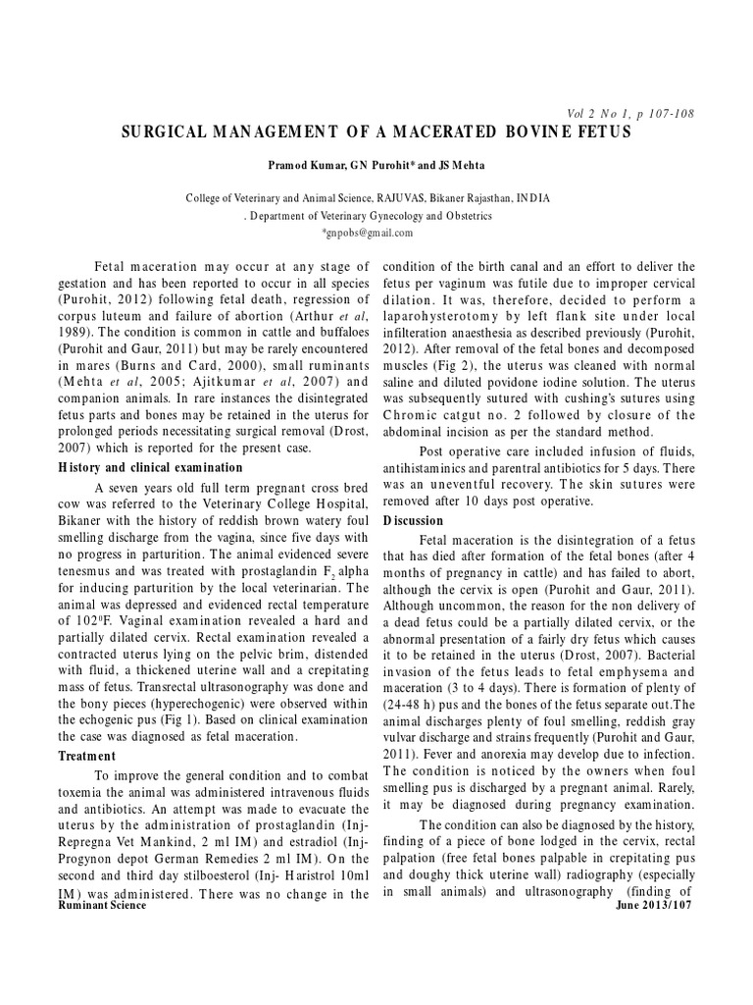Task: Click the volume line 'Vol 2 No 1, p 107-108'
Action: click(x=624, y=114)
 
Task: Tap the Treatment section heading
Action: click(x=87, y=756)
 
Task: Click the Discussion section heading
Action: click(x=413, y=520)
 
